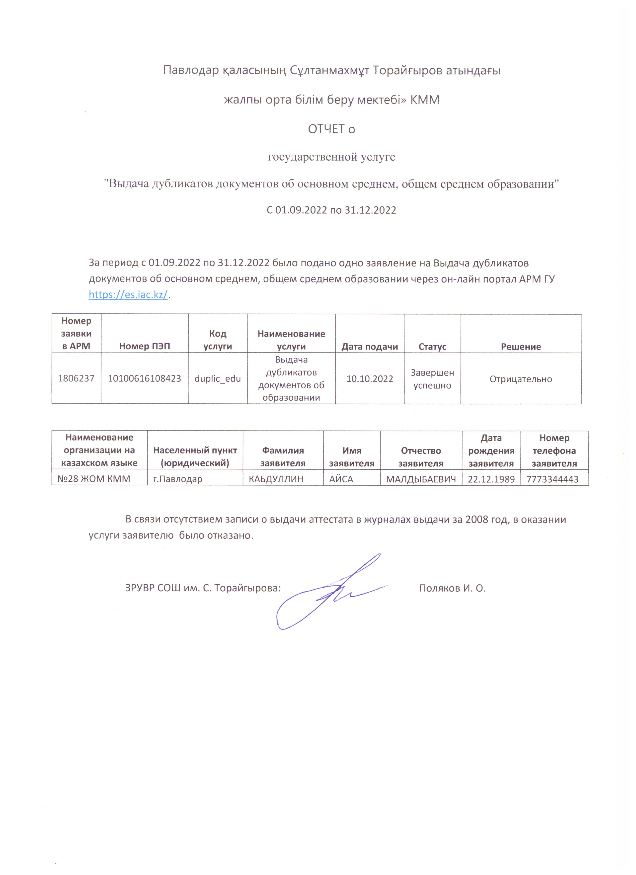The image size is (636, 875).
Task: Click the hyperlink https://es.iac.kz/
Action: tap(128, 294)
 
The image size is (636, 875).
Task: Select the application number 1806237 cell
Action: tap(76, 378)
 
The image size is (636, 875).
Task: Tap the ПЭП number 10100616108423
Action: tap(144, 378)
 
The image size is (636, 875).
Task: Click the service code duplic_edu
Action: tap(218, 378)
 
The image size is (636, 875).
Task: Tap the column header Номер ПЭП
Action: tap(144, 347)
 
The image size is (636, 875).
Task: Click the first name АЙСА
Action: tap(341, 479)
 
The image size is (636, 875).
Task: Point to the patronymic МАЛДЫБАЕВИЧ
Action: tap(421, 479)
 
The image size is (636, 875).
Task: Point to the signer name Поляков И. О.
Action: tap(452, 588)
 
